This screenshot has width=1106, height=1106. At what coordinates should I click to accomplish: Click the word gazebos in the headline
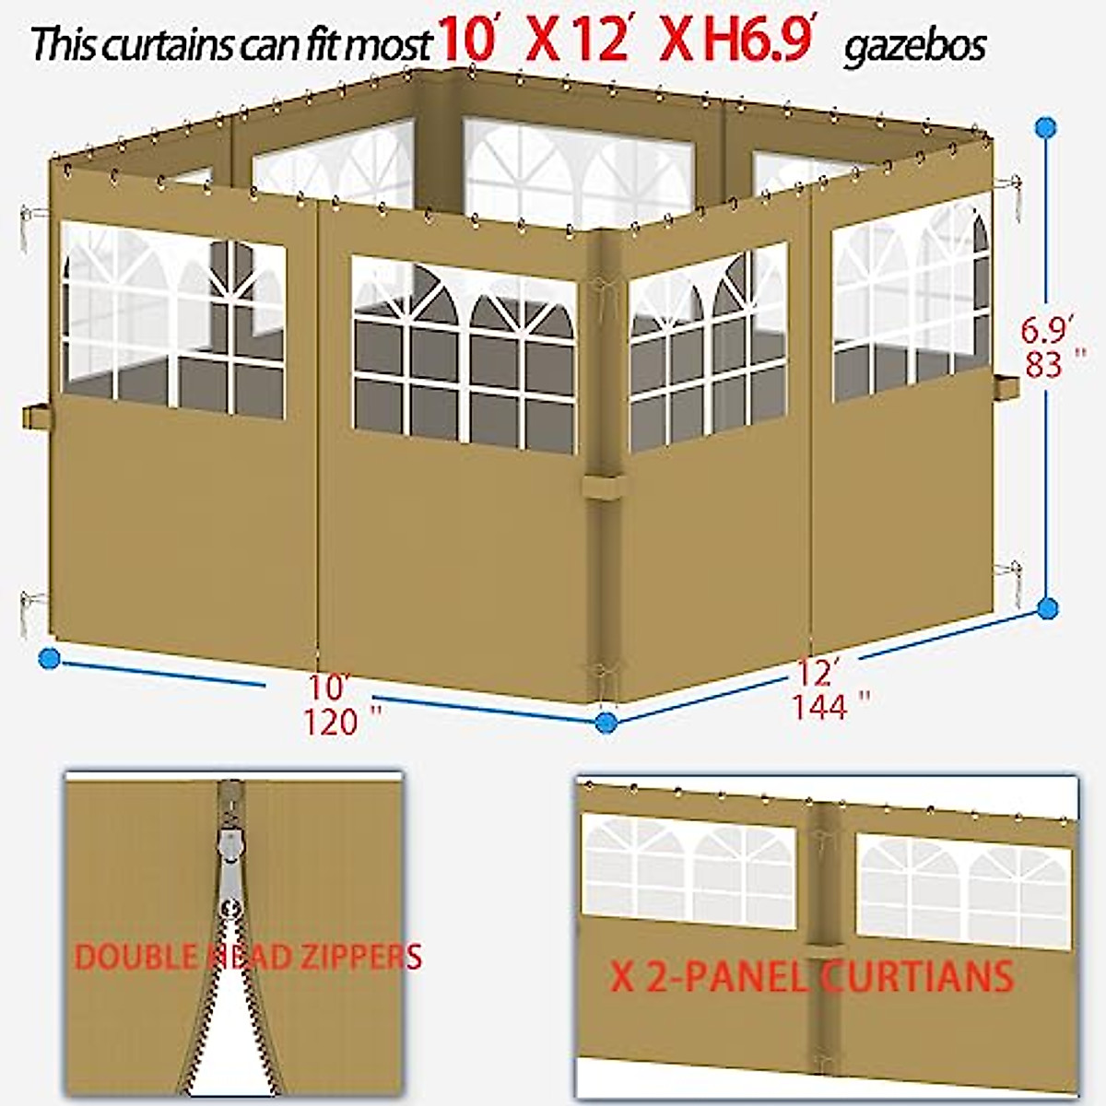[914, 45]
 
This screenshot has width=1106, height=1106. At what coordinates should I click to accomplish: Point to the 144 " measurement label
[830, 707]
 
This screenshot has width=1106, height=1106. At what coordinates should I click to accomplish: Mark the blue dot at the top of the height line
[1045, 127]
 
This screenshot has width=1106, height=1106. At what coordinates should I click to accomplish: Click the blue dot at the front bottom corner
[606, 722]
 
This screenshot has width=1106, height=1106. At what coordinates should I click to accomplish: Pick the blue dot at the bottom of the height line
[1047, 607]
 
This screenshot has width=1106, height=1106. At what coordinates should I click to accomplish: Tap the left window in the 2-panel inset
[688, 871]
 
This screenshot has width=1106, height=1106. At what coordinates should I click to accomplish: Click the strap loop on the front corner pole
[603, 485]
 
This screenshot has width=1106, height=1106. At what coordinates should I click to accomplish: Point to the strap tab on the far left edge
[37, 416]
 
